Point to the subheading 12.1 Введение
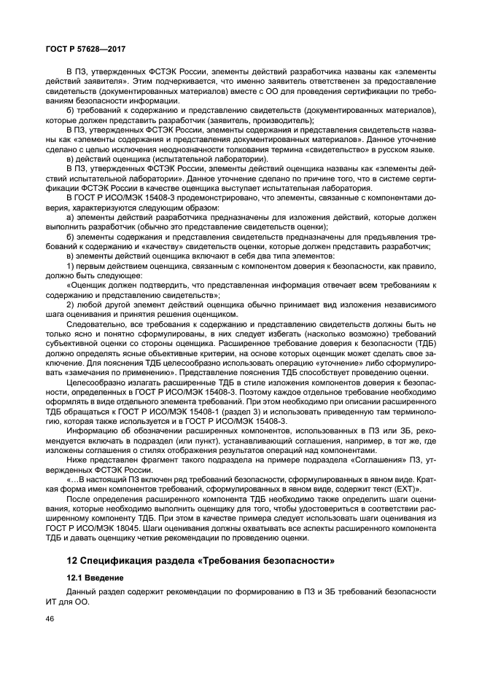94,578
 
